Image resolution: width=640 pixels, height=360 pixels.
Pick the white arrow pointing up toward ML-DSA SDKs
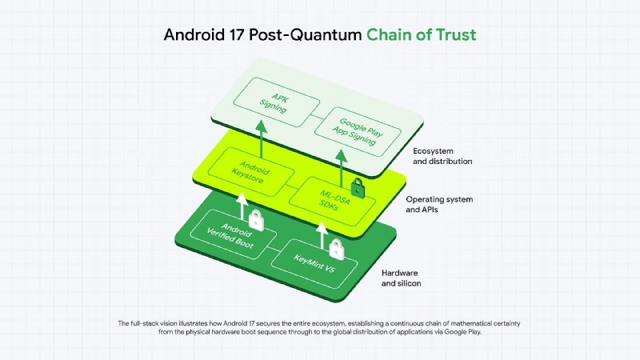[321, 233]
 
